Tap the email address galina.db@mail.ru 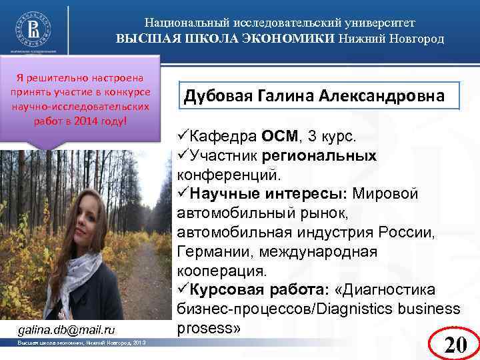[66, 329]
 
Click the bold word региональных [320, 155]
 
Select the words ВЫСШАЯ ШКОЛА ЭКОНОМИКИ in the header [225, 38]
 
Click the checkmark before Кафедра [183, 137]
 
